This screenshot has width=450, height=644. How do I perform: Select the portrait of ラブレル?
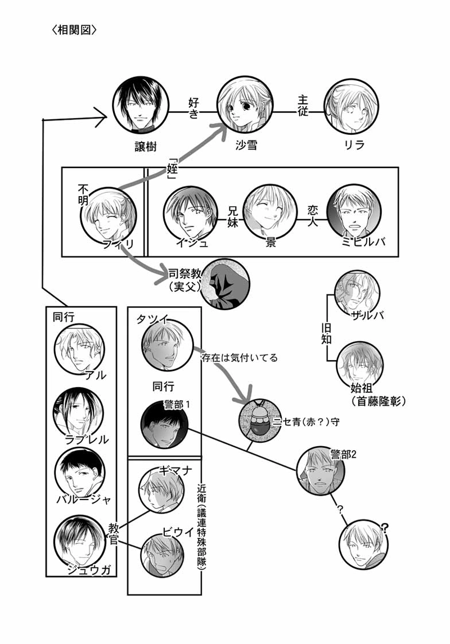click(x=79, y=414)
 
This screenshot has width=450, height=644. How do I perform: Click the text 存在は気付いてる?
click(x=239, y=357)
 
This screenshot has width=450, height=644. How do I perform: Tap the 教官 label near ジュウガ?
click(x=115, y=530)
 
